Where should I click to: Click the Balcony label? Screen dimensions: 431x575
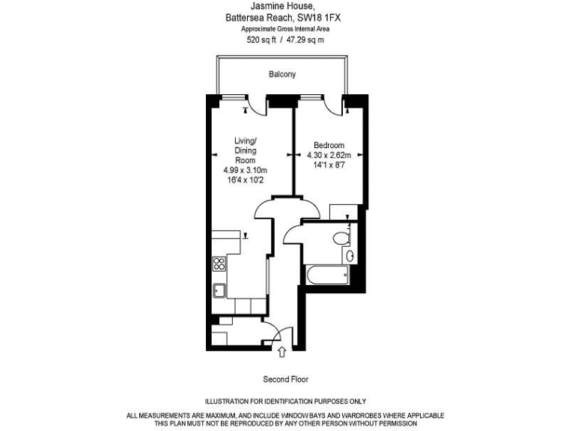(x=282, y=74)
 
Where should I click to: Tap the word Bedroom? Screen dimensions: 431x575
(x=329, y=145)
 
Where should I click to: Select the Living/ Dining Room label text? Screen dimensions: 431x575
(x=246, y=150)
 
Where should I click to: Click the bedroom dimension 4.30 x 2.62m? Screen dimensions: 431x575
(x=329, y=156)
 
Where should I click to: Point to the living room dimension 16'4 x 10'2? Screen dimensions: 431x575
(x=246, y=180)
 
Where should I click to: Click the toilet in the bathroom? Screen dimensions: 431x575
(x=341, y=239)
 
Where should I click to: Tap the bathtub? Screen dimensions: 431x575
(x=325, y=275)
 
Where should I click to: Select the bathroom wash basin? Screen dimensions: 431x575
(x=352, y=255)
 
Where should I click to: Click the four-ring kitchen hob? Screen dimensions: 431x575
(x=219, y=263)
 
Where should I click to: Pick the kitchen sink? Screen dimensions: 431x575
(x=219, y=291)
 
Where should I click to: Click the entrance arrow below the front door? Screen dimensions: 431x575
(x=282, y=350)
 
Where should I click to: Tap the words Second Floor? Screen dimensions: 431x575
(x=285, y=379)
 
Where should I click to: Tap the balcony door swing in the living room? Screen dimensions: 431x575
(x=258, y=106)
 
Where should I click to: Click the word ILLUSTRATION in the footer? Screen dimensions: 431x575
(x=228, y=402)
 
